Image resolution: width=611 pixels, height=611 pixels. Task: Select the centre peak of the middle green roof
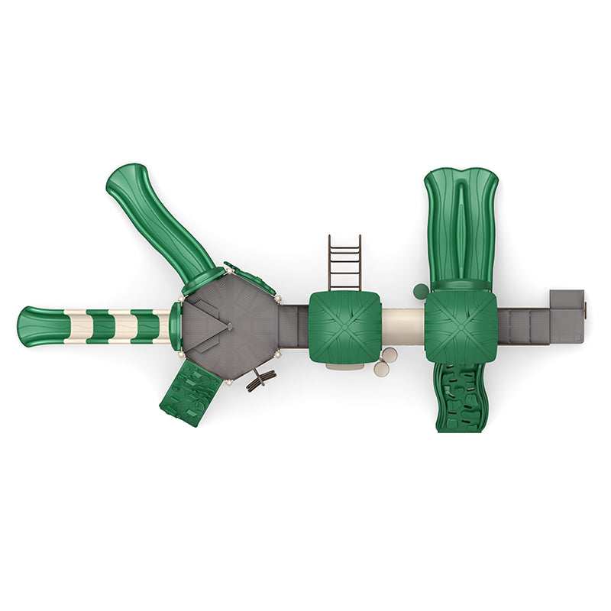(345, 327)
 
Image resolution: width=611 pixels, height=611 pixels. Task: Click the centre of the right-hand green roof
(461, 327)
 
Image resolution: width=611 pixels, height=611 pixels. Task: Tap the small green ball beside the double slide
(421, 291)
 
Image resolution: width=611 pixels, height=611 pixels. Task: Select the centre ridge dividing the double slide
(461, 229)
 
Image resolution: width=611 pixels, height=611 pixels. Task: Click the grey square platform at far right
(567, 315)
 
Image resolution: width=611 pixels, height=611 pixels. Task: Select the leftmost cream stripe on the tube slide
(80, 326)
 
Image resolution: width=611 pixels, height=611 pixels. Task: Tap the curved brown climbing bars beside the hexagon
(260, 380)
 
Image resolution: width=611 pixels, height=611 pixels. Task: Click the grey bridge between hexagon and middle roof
(293, 326)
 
